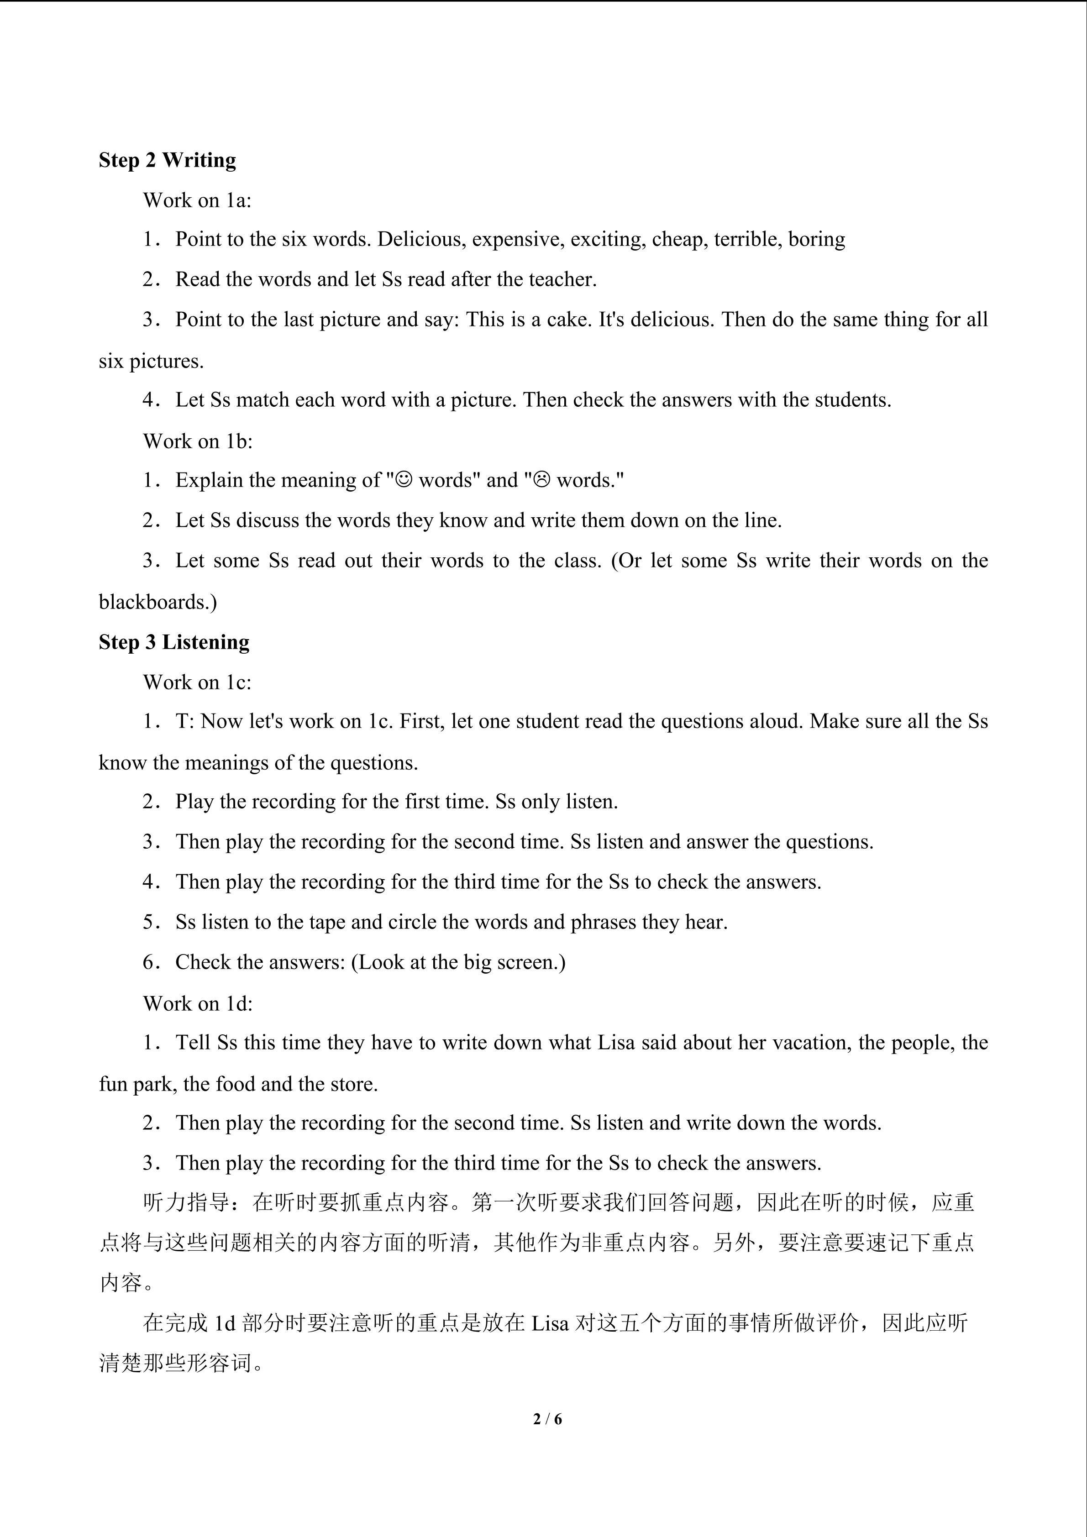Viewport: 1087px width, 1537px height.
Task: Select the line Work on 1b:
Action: coord(198,441)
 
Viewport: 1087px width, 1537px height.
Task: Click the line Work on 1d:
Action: coord(198,1003)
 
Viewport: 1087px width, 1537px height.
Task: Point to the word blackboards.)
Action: coord(158,602)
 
